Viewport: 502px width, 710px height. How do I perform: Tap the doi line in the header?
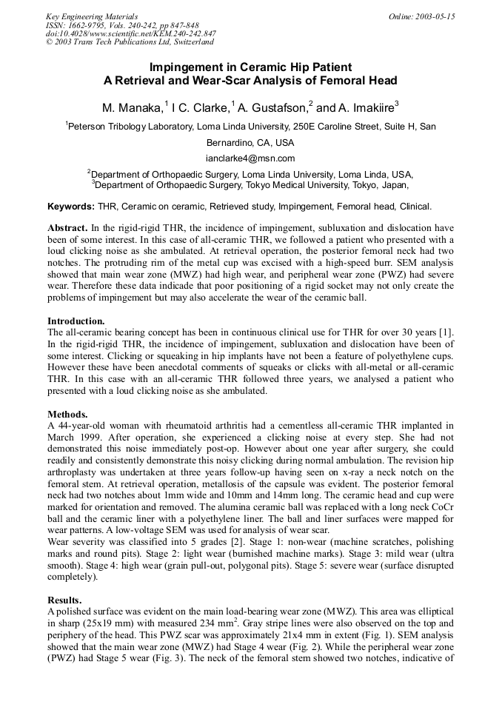(x=131, y=34)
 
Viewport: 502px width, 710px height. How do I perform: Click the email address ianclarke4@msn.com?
(x=250, y=158)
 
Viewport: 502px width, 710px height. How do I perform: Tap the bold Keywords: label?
(x=70, y=206)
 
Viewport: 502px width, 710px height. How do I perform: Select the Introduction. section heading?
(x=76, y=321)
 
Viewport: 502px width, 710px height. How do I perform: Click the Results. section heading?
(x=64, y=599)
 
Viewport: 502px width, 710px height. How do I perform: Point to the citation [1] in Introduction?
(x=447, y=332)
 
